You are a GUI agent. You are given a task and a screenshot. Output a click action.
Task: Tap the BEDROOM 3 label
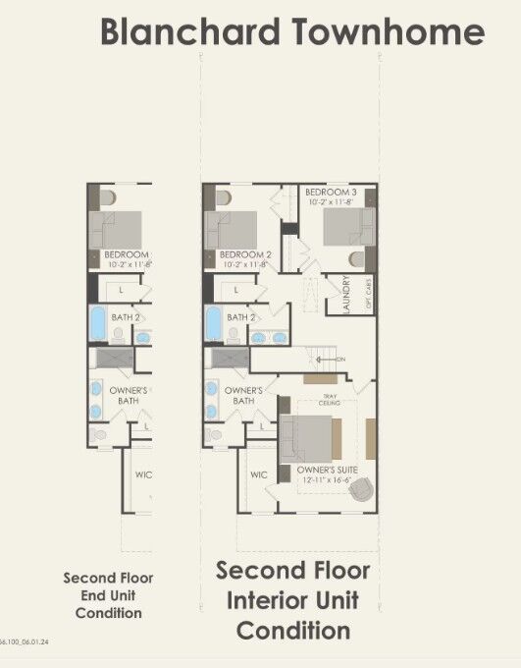click(x=330, y=192)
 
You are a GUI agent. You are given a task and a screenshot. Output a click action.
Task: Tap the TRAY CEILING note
click(x=331, y=400)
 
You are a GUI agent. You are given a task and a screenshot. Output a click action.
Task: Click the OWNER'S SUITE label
click(x=327, y=471)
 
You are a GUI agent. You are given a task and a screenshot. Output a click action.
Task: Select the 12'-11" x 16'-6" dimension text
click(x=327, y=480)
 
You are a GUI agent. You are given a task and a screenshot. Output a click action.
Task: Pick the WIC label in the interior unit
click(x=259, y=474)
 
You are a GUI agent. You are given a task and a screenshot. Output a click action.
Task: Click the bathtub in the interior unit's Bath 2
click(x=214, y=322)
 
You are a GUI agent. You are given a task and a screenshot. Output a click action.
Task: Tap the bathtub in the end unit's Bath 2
click(x=97, y=322)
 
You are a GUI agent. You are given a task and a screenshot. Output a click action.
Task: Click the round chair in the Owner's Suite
click(x=363, y=487)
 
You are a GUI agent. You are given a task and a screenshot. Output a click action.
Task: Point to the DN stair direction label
click(x=340, y=360)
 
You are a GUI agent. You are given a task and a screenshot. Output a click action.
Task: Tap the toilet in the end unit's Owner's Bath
click(x=98, y=434)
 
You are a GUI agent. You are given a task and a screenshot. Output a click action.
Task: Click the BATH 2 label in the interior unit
click(x=241, y=317)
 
